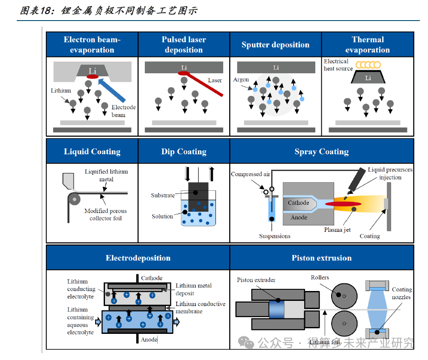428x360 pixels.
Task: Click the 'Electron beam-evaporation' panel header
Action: point(92,45)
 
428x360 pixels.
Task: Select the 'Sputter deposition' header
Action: point(275,45)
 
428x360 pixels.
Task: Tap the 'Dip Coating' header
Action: point(184,152)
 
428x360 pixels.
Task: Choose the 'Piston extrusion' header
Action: point(322,258)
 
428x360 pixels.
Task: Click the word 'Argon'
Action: point(241,80)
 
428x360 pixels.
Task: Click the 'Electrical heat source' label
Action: point(338,65)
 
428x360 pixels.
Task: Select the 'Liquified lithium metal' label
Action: point(106,175)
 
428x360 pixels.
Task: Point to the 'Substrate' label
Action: point(163,195)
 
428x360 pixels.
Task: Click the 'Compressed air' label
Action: point(251,174)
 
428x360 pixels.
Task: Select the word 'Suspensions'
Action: point(275,236)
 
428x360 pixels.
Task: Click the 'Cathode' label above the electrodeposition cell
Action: point(152,278)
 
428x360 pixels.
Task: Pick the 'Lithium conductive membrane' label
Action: point(200,307)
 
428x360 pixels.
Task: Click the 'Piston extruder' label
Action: point(256,280)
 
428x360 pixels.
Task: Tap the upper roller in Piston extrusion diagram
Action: point(343,294)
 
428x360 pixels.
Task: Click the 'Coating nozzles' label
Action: point(401,293)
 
